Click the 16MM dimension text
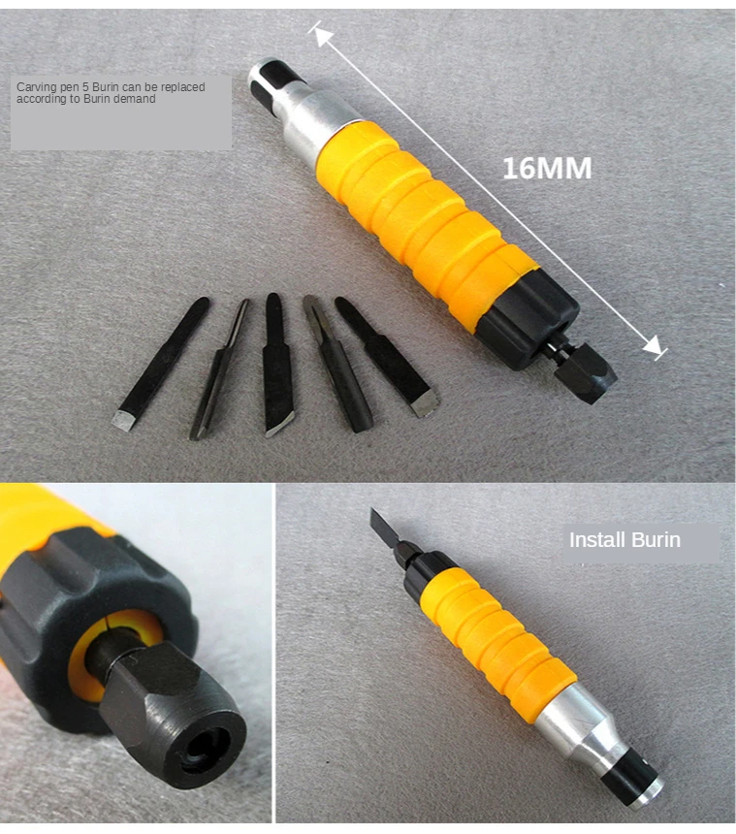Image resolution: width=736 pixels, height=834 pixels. [x=547, y=169]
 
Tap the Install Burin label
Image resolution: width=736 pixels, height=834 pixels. [x=624, y=540]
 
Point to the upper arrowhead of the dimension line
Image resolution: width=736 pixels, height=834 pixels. [x=322, y=36]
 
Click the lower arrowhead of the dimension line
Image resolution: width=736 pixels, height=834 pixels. [x=653, y=346]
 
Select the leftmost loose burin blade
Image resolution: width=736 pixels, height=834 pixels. [x=161, y=364]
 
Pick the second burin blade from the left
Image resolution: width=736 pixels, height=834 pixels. [x=219, y=369]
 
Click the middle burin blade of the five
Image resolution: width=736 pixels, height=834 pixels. [x=277, y=364]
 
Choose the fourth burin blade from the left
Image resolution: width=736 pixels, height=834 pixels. [x=337, y=364]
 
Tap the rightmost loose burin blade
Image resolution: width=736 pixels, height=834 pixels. [x=387, y=356]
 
